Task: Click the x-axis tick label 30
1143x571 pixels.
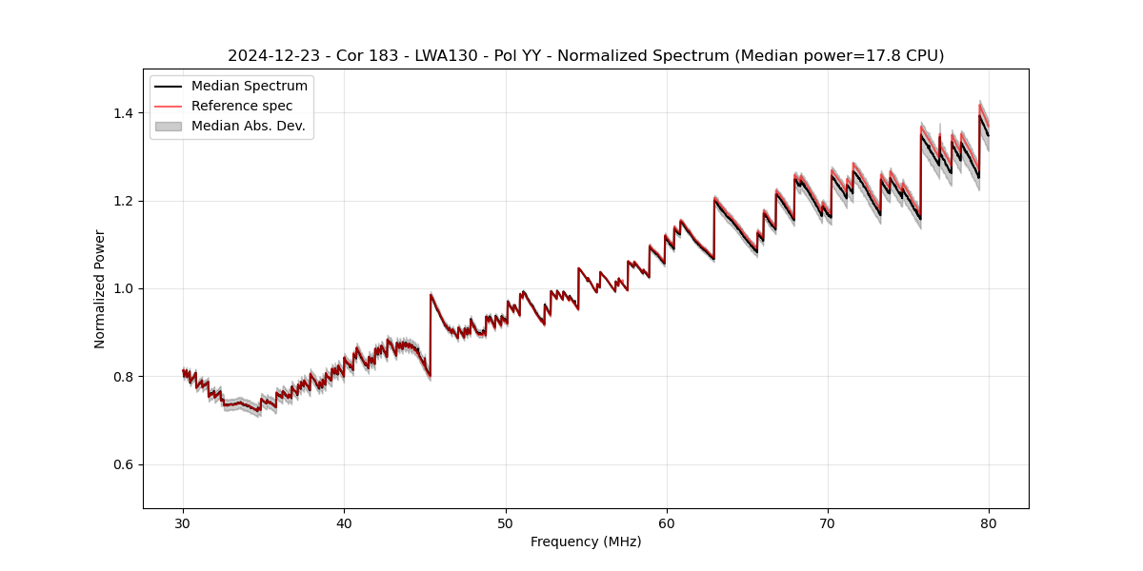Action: (183, 522)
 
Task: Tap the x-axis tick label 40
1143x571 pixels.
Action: (344, 522)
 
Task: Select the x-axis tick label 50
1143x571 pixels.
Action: (506, 522)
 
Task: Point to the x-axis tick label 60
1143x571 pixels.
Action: (667, 522)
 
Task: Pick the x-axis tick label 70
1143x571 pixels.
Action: (828, 522)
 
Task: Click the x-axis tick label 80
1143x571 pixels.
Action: (989, 522)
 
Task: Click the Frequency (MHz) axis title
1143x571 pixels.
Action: (586, 541)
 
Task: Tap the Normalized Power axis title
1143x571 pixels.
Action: (100, 288)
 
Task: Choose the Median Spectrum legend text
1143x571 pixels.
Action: (249, 87)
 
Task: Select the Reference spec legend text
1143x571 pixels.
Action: (242, 106)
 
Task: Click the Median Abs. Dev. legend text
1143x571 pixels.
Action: (248, 126)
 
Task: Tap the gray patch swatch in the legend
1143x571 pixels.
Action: (168, 126)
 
